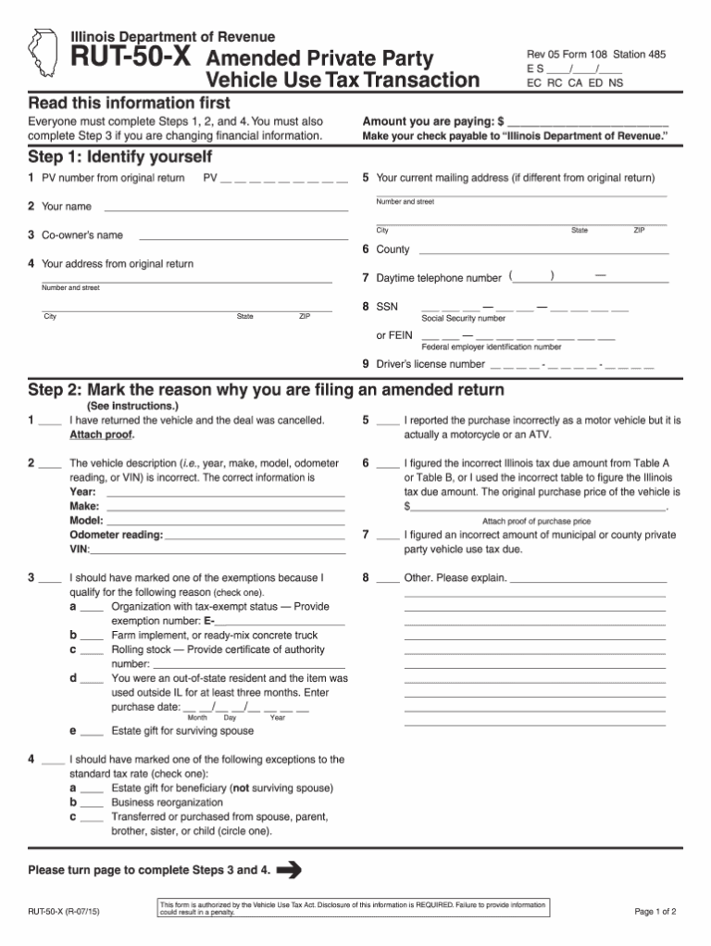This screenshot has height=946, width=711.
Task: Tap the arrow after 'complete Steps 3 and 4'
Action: [x=290, y=869]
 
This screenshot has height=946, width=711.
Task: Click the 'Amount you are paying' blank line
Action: [x=588, y=123]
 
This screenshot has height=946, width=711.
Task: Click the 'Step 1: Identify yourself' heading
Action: [x=120, y=156]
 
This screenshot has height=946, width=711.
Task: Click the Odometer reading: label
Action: [x=117, y=535]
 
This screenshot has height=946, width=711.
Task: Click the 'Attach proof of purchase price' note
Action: [x=536, y=522]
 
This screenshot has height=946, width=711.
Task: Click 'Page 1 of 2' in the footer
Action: [x=655, y=911]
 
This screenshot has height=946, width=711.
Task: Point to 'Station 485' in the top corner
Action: [x=638, y=55]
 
